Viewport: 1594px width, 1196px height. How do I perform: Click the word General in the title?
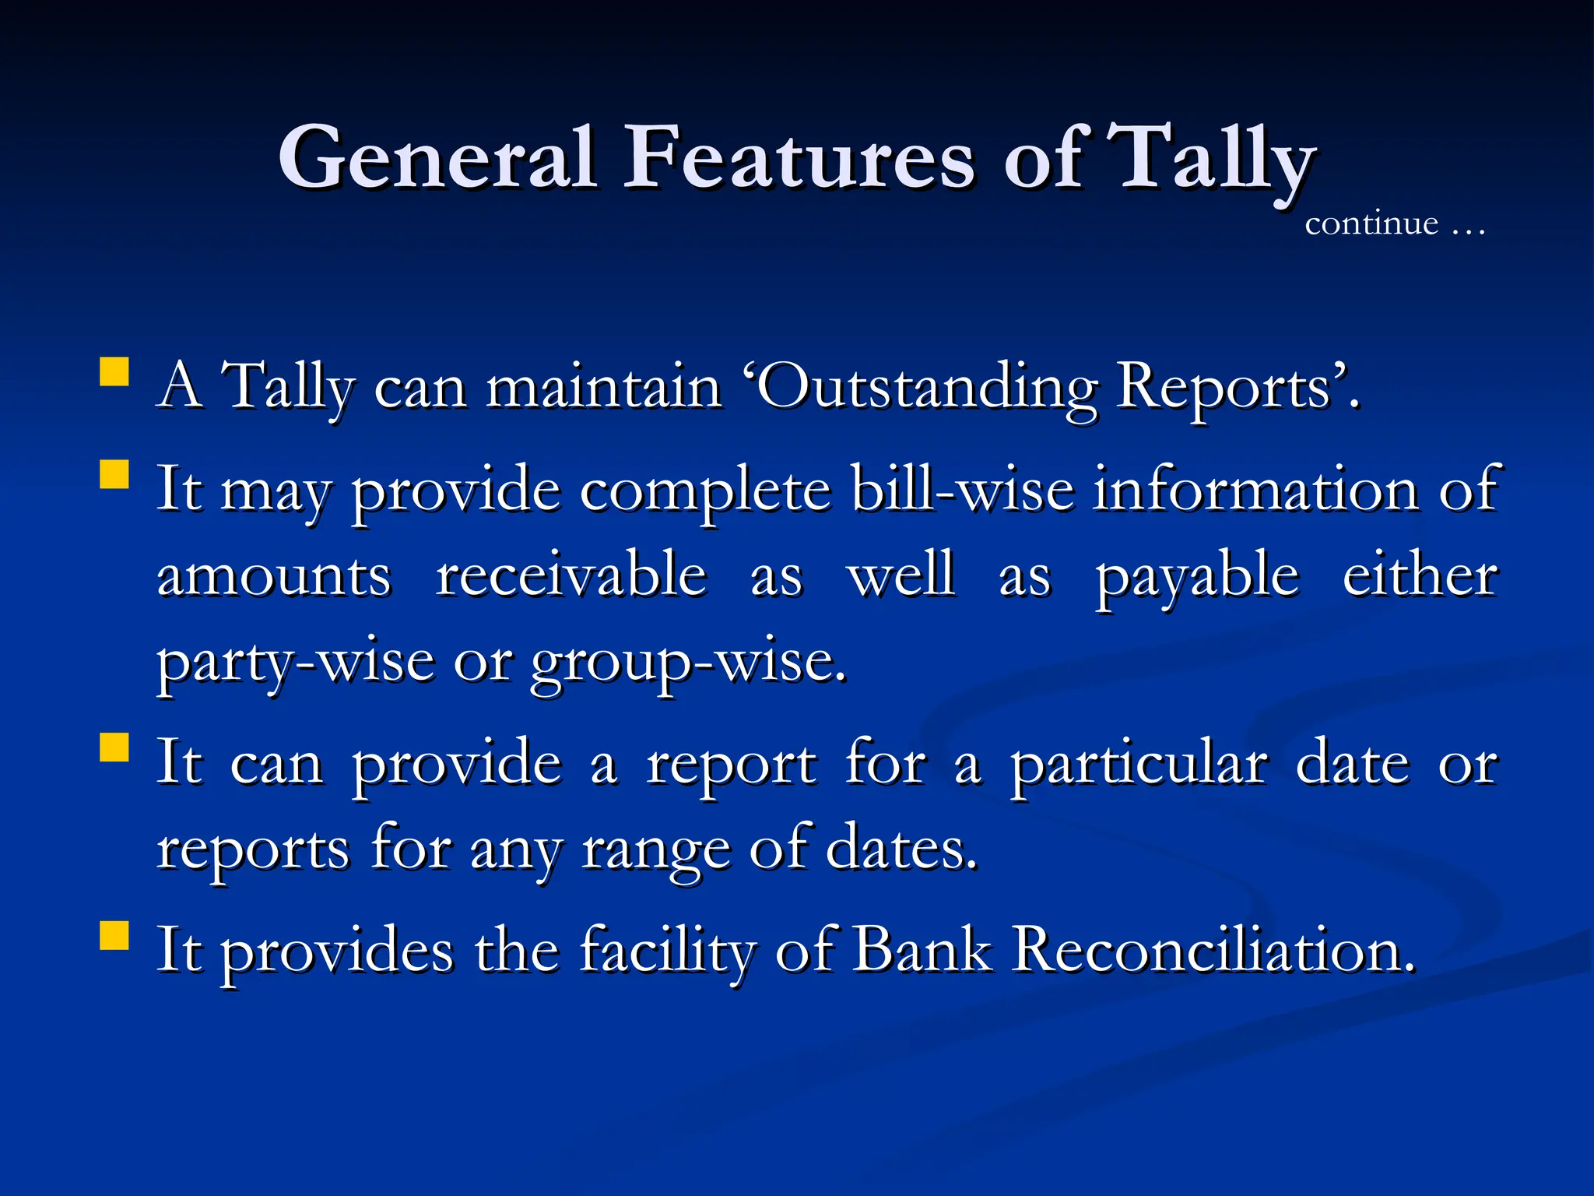point(437,159)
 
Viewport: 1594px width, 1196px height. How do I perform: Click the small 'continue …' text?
point(1394,224)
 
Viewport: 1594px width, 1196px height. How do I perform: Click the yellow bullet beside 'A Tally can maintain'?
point(114,372)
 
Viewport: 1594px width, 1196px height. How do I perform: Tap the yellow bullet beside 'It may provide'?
point(114,473)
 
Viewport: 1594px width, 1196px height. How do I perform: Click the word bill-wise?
point(962,490)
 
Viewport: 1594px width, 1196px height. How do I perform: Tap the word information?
point(1255,490)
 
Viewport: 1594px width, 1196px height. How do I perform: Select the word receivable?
point(571,575)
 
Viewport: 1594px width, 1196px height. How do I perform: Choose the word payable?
point(1197,577)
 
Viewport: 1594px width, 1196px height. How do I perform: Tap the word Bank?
point(922,951)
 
